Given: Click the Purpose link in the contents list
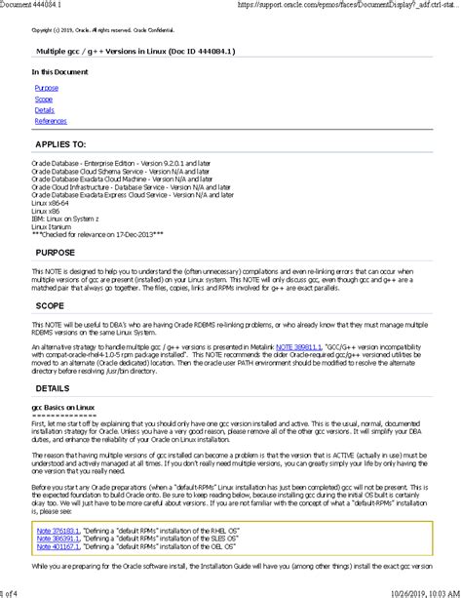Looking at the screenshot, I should coord(46,88).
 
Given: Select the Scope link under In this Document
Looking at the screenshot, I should coord(44,99).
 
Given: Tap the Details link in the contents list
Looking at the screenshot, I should coord(45,110).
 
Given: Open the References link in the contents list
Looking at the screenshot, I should coord(51,121).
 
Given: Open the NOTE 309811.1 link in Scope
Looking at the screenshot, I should coord(298,346).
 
